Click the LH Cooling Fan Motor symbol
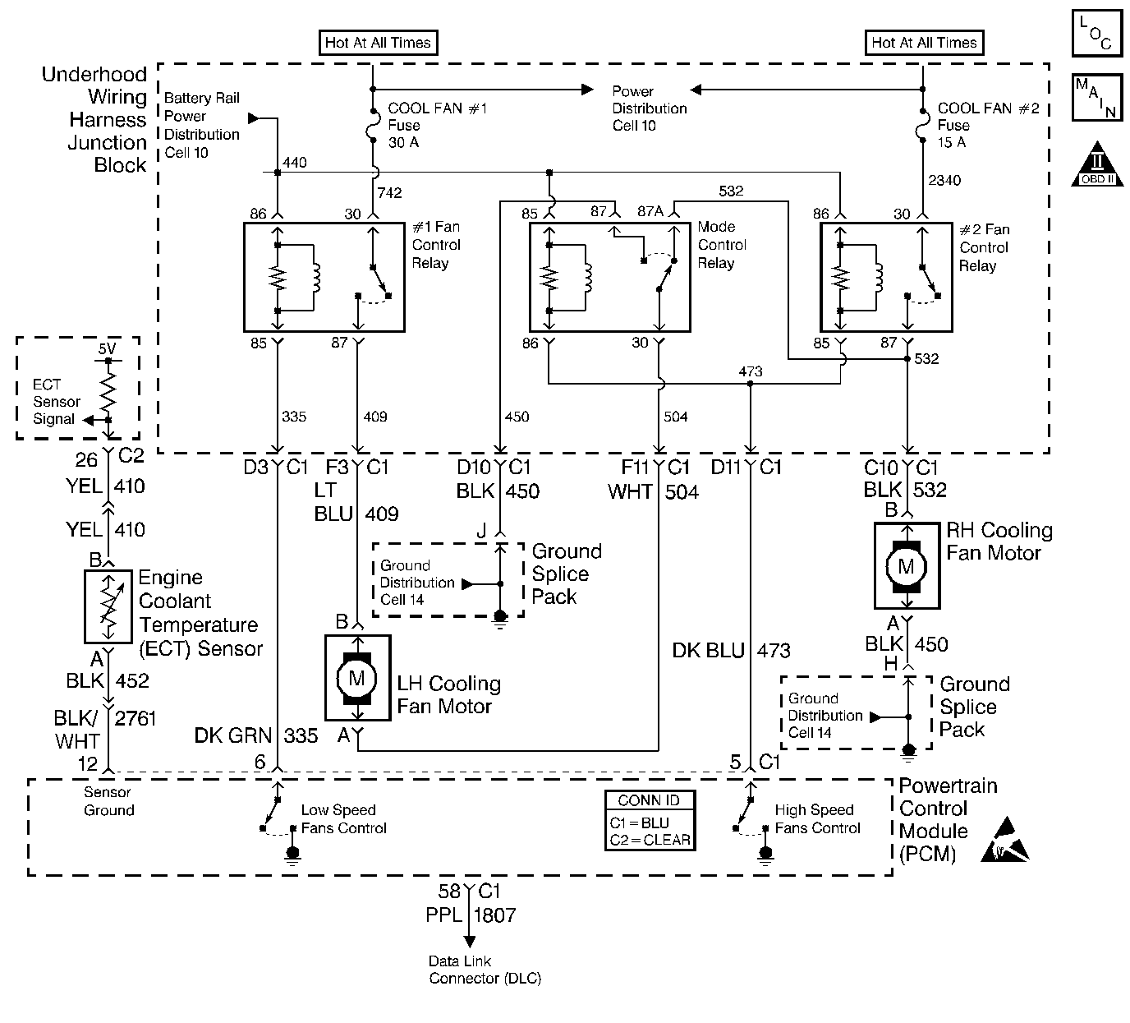point(357,677)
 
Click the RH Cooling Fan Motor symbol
point(907,566)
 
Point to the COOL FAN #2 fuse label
point(988,125)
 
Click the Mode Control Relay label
point(722,245)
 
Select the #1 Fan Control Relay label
point(435,245)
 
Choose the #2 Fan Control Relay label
point(984,247)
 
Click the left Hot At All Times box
point(378,43)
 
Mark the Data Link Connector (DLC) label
point(485,970)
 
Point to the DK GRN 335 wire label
point(255,735)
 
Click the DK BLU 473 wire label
point(731,651)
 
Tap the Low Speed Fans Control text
point(342,819)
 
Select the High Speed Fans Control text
point(816,819)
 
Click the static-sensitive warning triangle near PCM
point(1005,840)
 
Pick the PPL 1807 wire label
point(471,914)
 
